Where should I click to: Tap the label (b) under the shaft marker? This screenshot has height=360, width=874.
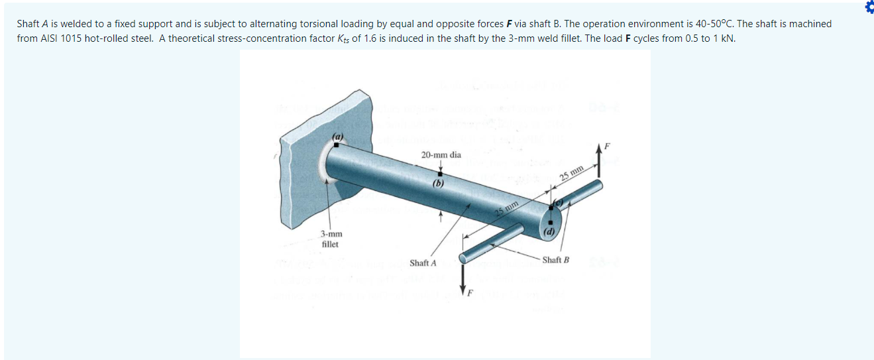438,184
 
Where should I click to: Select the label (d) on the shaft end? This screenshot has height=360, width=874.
549,231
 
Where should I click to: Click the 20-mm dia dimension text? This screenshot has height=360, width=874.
441,154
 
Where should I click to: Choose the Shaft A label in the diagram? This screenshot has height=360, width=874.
423,263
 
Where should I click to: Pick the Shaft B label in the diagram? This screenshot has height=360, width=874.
555,259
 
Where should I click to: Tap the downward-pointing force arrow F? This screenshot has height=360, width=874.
463,275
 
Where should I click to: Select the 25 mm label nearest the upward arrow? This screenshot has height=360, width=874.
571,173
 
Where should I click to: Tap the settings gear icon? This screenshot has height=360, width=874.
869,6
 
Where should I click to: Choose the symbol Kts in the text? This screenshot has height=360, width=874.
341,38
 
